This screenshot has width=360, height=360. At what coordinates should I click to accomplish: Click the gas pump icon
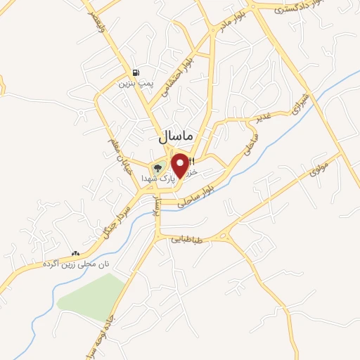(135, 72)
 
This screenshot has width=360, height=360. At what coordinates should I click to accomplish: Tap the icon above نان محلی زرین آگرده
(75, 252)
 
